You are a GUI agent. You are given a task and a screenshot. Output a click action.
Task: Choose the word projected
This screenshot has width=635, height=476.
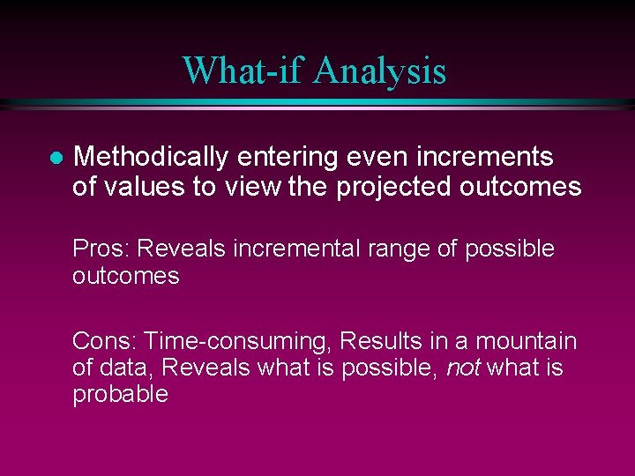tap(410, 187)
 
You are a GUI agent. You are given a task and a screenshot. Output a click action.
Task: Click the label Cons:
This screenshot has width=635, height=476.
tap(105, 340)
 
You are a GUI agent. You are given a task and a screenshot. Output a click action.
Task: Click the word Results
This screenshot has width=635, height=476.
tap(380, 340)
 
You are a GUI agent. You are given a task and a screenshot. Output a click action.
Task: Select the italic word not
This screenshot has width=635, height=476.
tap(462, 368)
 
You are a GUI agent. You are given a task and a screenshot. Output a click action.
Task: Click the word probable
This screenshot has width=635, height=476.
tap(120, 394)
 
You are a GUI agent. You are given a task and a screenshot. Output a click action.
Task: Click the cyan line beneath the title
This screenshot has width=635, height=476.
tap(317, 104)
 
